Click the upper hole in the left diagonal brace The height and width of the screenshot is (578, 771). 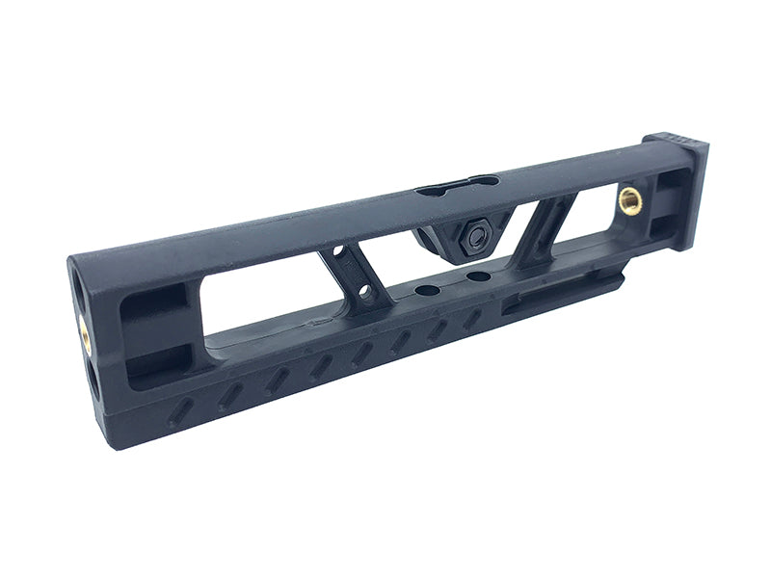(339, 255)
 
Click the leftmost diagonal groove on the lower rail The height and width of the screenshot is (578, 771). (179, 415)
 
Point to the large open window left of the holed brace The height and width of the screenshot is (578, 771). (260, 299)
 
